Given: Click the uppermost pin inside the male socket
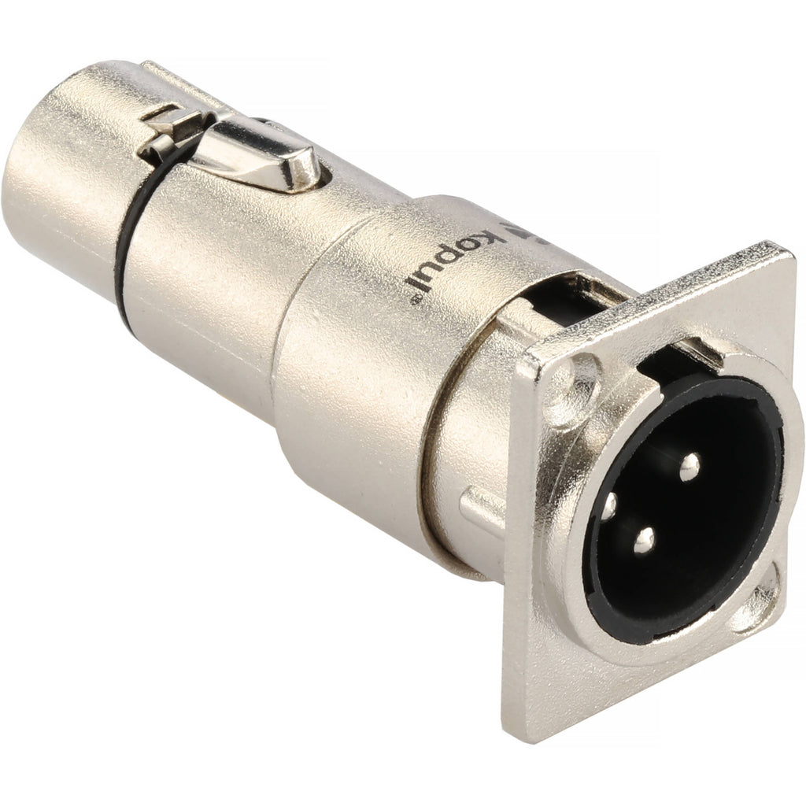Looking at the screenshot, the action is pyautogui.click(x=690, y=468).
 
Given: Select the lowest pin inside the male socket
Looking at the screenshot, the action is pyautogui.click(x=644, y=541).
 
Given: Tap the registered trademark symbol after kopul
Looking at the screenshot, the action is pyautogui.click(x=415, y=301).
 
